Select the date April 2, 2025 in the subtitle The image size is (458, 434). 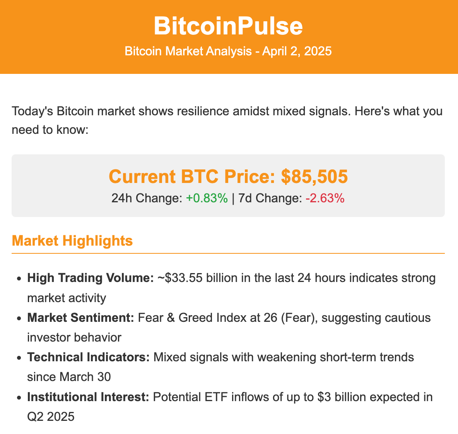[297, 51]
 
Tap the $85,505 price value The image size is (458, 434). [314, 176]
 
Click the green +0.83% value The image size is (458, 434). [207, 198]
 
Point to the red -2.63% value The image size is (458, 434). [325, 198]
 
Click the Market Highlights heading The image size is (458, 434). [72, 241]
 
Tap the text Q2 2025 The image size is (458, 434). [51, 417]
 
